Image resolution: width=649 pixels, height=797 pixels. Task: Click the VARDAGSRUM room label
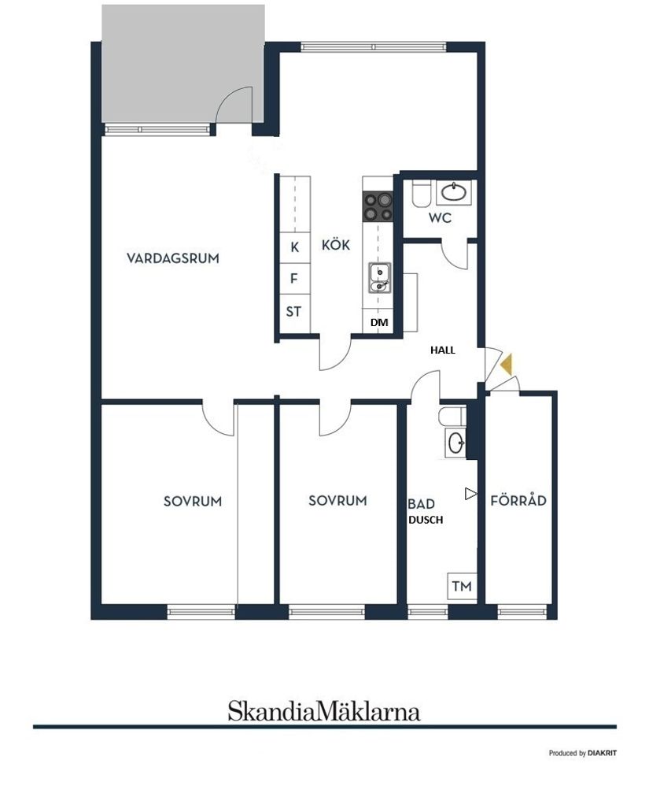tap(173, 258)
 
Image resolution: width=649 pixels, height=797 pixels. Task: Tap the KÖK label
tap(336, 245)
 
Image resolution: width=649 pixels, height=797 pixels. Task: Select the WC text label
tap(441, 218)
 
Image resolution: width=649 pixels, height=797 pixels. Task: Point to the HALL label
tap(442, 350)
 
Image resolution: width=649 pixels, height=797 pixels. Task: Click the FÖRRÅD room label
tap(518, 500)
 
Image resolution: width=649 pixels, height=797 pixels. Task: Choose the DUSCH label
tap(426, 520)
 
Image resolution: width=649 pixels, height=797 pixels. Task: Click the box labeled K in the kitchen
tap(295, 247)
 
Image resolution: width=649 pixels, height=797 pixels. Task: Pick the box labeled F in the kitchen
tap(294, 278)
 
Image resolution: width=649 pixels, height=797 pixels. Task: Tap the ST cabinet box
tap(293, 311)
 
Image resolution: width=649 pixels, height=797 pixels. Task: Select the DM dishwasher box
tap(379, 323)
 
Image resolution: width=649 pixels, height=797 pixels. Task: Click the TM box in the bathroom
tap(462, 586)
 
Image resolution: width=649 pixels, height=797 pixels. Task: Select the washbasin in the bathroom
tap(455, 443)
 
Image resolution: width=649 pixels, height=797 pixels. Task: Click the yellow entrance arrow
tap(507, 365)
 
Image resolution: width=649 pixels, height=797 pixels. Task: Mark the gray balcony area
tap(183, 63)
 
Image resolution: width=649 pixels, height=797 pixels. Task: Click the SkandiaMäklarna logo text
tap(323, 711)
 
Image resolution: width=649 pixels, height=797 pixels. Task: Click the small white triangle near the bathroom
tap(471, 494)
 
